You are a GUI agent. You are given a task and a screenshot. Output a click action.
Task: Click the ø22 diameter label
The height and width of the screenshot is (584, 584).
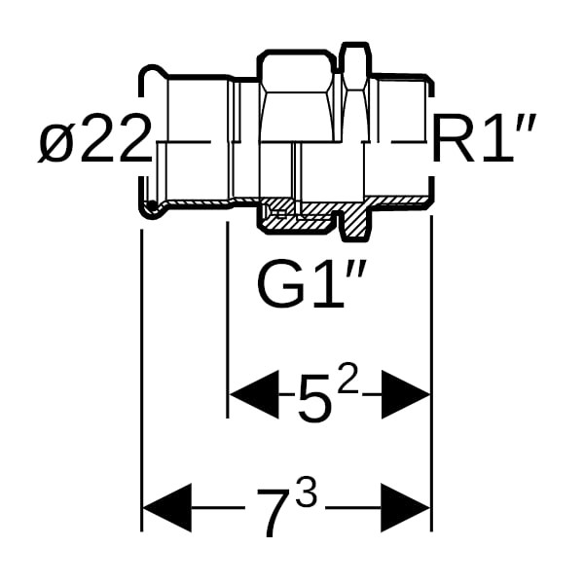pos(94,138)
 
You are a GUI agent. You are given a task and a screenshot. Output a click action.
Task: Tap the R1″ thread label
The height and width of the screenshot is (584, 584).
pos(485,138)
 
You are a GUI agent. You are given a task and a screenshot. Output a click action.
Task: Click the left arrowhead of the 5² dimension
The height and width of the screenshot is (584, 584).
pos(254,395)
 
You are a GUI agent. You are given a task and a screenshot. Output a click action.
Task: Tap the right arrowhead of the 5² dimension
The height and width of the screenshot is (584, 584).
pos(406,395)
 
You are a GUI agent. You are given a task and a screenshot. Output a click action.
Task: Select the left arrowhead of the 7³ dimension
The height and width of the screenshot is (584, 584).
pos(167,508)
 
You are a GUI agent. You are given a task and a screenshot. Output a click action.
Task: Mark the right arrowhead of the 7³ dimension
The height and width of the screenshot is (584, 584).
pos(406,508)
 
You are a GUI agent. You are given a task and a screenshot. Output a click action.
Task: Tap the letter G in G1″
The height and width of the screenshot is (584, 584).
pos(279,286)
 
